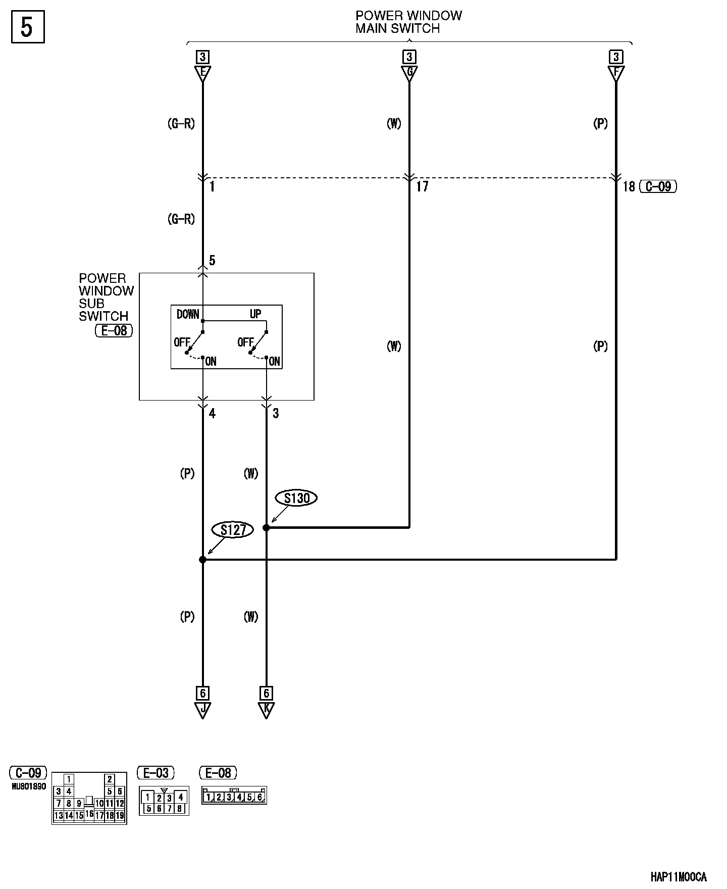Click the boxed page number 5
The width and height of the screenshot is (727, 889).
(x=27, y=27)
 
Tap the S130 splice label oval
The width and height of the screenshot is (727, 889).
(x=296, y=498)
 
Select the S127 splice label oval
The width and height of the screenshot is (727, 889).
(x=233, y=530)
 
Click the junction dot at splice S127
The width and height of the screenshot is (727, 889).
(x=202, y=560)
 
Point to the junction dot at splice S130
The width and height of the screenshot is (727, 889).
(x=266, y=528)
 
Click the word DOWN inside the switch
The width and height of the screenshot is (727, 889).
(x=188, y=314)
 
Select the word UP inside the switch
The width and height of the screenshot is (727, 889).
(x=255, y=314)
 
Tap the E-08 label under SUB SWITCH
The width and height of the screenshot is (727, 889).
(x=114, y=331)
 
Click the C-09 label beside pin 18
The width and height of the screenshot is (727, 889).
(x=658, y=186)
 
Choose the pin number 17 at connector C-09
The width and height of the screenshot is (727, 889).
(x=422, y=187)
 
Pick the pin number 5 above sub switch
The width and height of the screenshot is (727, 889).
(x=212, y=261)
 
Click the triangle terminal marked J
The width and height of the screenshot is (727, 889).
(x=202, y=710)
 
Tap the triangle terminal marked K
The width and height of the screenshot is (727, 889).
(x=266, y=710)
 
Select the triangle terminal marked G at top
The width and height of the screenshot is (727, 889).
(x=409, y=73)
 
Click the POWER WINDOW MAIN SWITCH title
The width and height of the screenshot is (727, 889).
(x=408, y=22)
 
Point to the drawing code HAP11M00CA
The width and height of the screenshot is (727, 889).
(x=678, y=877)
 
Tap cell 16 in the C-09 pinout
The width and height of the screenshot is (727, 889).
(x=89, y=814)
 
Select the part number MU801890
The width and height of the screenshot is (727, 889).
(x=29, y=786)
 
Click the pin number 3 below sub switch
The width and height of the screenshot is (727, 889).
(x=276, y=414)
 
